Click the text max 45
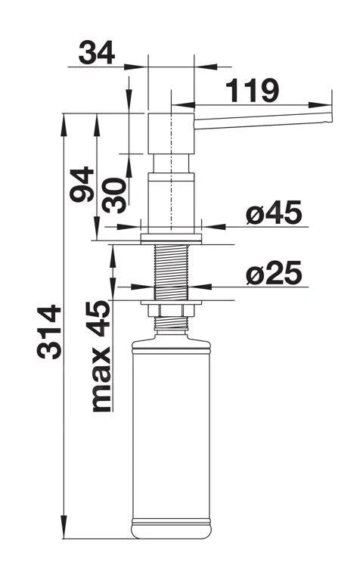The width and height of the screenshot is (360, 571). click(100, 355)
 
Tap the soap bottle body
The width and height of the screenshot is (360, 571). click(171, 431)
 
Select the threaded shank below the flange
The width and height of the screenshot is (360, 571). click(171, 272)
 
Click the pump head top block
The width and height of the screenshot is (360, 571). click(171, 132)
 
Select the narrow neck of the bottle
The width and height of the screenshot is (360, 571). click(171, 326)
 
